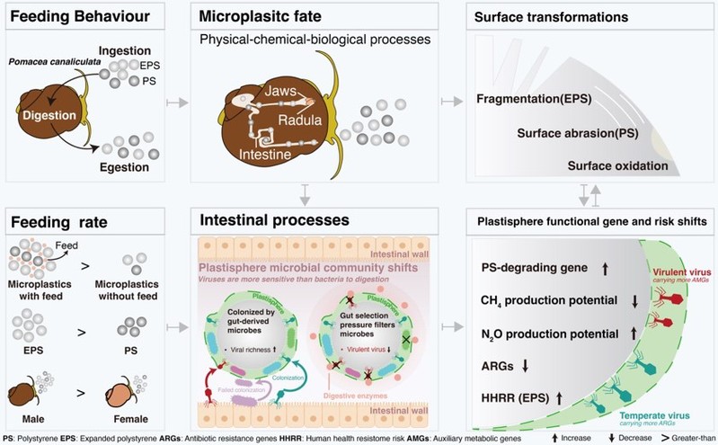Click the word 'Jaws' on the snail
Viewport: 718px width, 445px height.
285,92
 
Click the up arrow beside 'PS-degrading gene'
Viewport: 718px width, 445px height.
603,267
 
